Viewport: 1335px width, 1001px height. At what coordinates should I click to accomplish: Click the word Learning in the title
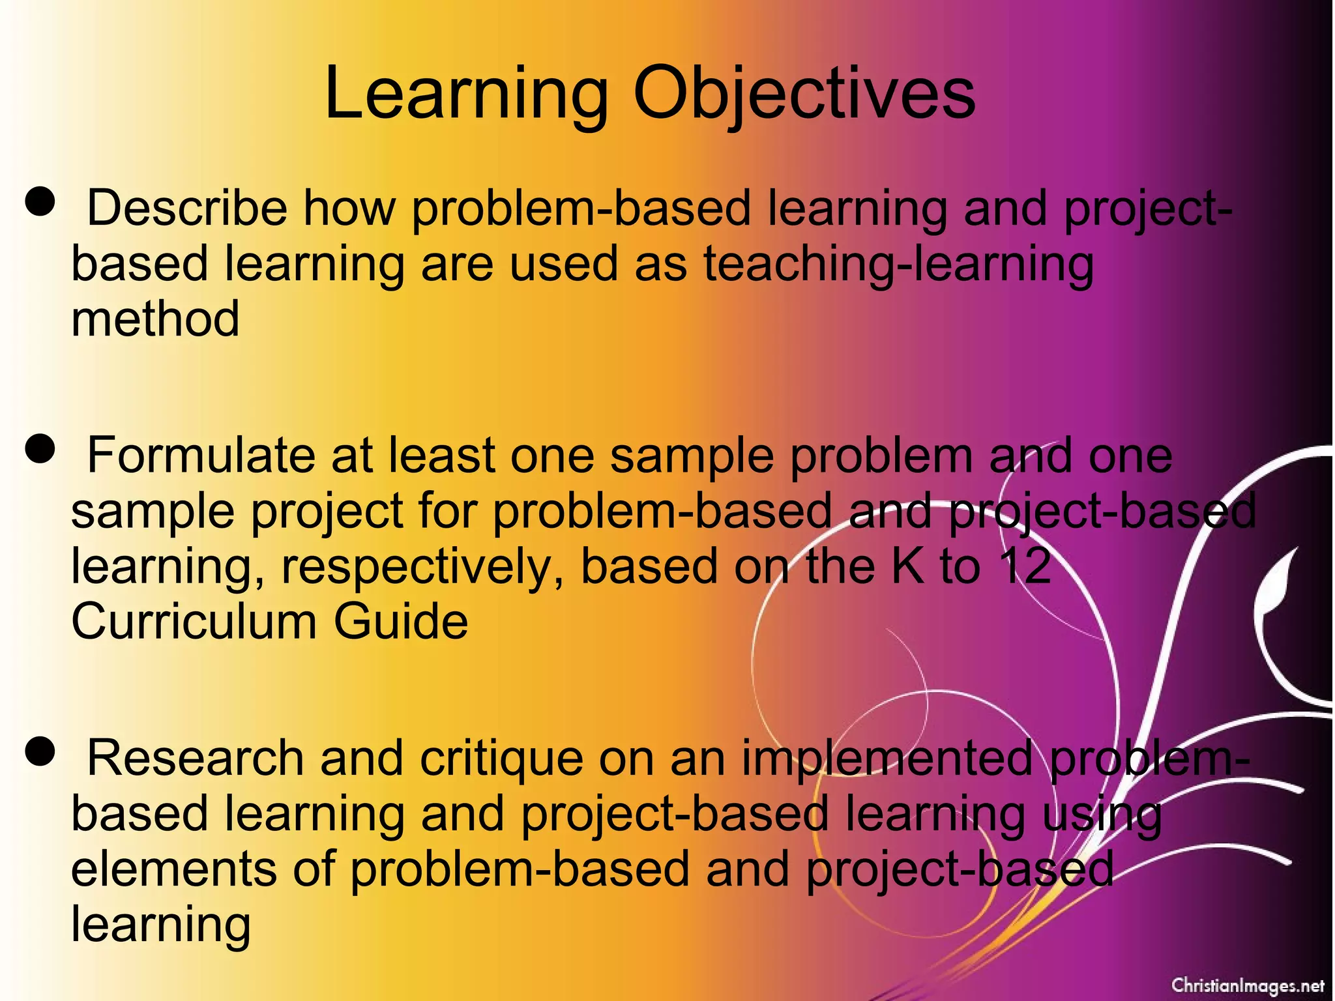pyautogui.click(x=466, y=94)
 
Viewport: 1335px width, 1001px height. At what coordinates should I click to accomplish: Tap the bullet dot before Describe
pyautogui.click(x=40, y=201)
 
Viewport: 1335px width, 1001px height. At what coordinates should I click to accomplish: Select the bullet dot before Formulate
pyautogui.click(x=40, y=449)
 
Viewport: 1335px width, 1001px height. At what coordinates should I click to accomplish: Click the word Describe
pyautogui.click(x=187, y=209)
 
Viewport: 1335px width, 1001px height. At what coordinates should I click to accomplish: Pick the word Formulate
pyautogui.click(x=201, y=456)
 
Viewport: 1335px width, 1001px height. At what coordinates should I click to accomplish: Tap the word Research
pyautogui.click(x=196, y=759)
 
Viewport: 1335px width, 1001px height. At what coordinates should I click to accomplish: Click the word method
pyautogui.click(x=155, y=319)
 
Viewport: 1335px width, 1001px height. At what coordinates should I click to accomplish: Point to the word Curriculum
pyautogui.click(x=194, y=621)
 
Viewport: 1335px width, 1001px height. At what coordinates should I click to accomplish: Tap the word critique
pyautogui.click(x=501, y=760)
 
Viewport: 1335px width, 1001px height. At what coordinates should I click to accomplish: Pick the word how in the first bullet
pyautogui.click(x=349, y=209)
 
